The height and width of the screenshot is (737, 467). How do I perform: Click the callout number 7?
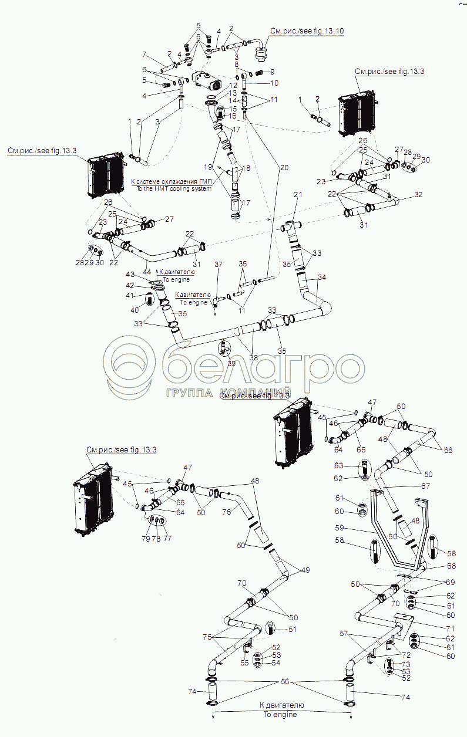click(x=143, y=55)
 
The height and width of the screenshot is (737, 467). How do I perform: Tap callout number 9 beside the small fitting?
click(x=271, y=72)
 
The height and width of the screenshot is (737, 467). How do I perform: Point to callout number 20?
click(x=284, y=167)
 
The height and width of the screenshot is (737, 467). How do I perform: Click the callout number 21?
click(x=298, y=195)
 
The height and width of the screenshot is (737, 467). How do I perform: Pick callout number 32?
click(x=418, y=194)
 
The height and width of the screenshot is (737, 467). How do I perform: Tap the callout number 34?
click(x=321, y=278)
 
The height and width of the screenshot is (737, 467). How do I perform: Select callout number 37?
click(x=218, y=265)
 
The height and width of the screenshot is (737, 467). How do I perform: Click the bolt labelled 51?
click(x=271, y=630)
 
